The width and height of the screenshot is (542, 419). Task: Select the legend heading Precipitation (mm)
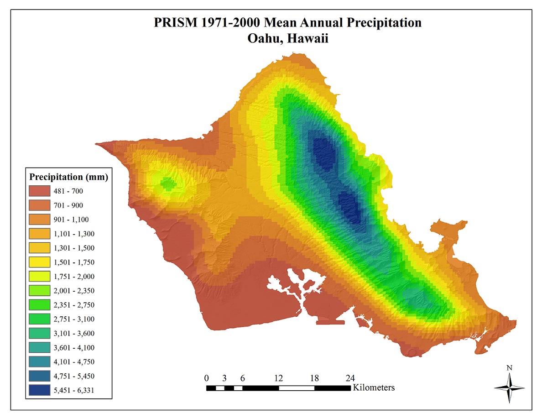[68, 177]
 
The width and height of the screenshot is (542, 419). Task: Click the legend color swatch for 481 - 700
[39, 191]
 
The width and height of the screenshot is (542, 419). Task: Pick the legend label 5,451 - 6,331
[75, 390]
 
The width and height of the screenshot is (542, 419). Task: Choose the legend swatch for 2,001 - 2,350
[39, 290]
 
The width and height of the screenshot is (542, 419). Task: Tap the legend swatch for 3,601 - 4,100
[39, 347]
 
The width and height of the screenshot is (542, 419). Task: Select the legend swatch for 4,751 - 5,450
[39, 376]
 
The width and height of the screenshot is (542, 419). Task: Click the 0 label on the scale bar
[207, 378]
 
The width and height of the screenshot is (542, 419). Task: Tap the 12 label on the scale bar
[278, 378]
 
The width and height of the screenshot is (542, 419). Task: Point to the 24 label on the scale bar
[350, 378]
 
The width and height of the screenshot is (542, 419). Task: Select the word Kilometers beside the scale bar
[373, 388]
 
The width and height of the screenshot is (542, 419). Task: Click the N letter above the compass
[509, 368]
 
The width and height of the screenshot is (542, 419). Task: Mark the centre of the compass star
[509, 388]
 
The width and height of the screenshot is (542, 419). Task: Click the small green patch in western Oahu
[168, 184]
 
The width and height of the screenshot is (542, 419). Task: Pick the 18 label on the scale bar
[314, 378]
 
